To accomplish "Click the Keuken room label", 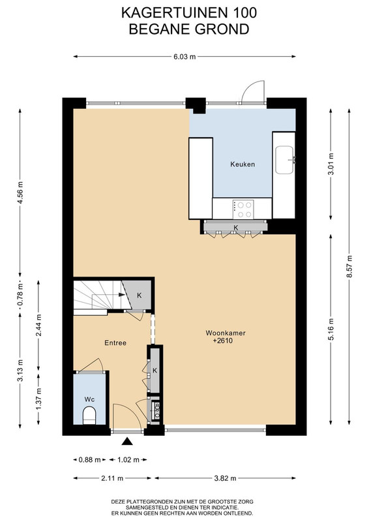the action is click(243, 164).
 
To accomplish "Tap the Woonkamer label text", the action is click(226, 333).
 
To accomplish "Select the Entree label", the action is click(115, 343).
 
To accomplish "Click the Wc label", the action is click(89, 399).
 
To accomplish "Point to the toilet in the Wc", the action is click(89, 415).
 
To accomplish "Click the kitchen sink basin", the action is click(284, 160).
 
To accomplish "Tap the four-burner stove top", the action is click(243, 209).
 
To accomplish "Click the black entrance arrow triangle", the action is click(127, 442).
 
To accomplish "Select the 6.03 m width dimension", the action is click(184, 57).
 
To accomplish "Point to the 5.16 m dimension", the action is click(331, 330).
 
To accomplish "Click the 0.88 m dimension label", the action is click(89, 460).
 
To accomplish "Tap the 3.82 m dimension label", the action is click(225, 478).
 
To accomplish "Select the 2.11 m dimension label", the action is click(112, 478).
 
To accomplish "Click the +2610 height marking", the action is click(223, 341).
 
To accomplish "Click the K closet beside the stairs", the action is click(140, 296).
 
